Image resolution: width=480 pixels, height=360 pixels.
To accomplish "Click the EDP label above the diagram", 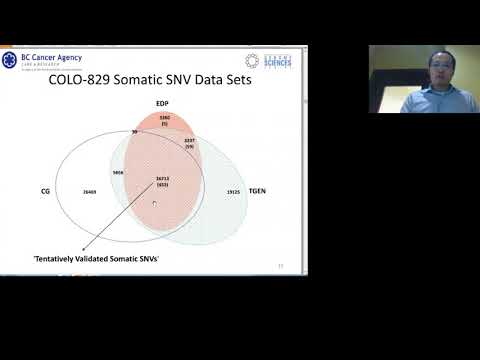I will coord(160,103).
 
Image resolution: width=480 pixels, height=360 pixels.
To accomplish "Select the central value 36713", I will coord(161,179).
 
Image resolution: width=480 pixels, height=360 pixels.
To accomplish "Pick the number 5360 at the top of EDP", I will coord(166,118).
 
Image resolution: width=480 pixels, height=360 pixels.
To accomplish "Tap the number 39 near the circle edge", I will coord(134,131).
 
